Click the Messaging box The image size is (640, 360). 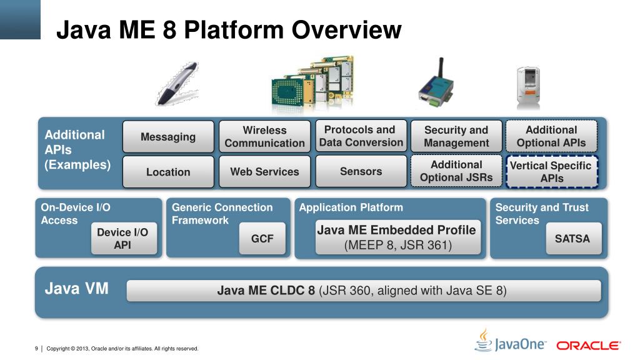point(168,137)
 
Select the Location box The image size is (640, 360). point(168,172)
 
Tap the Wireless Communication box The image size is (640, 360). point(264,137)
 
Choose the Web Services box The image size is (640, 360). point(264,172)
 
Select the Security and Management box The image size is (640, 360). point(456,137)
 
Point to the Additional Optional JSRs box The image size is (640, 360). point(456,171)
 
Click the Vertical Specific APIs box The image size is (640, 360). point(551,172)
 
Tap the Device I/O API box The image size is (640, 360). point(122,239)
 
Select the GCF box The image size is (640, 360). point(262,239)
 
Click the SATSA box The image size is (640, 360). point(572,239)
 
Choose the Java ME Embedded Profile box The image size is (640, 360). point(397,237)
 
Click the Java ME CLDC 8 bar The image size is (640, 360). point(363,291)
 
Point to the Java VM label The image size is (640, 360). point(77,289)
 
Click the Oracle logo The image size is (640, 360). point(588,345)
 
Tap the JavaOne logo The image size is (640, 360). point(511,342)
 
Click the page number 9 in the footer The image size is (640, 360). point(37,348)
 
